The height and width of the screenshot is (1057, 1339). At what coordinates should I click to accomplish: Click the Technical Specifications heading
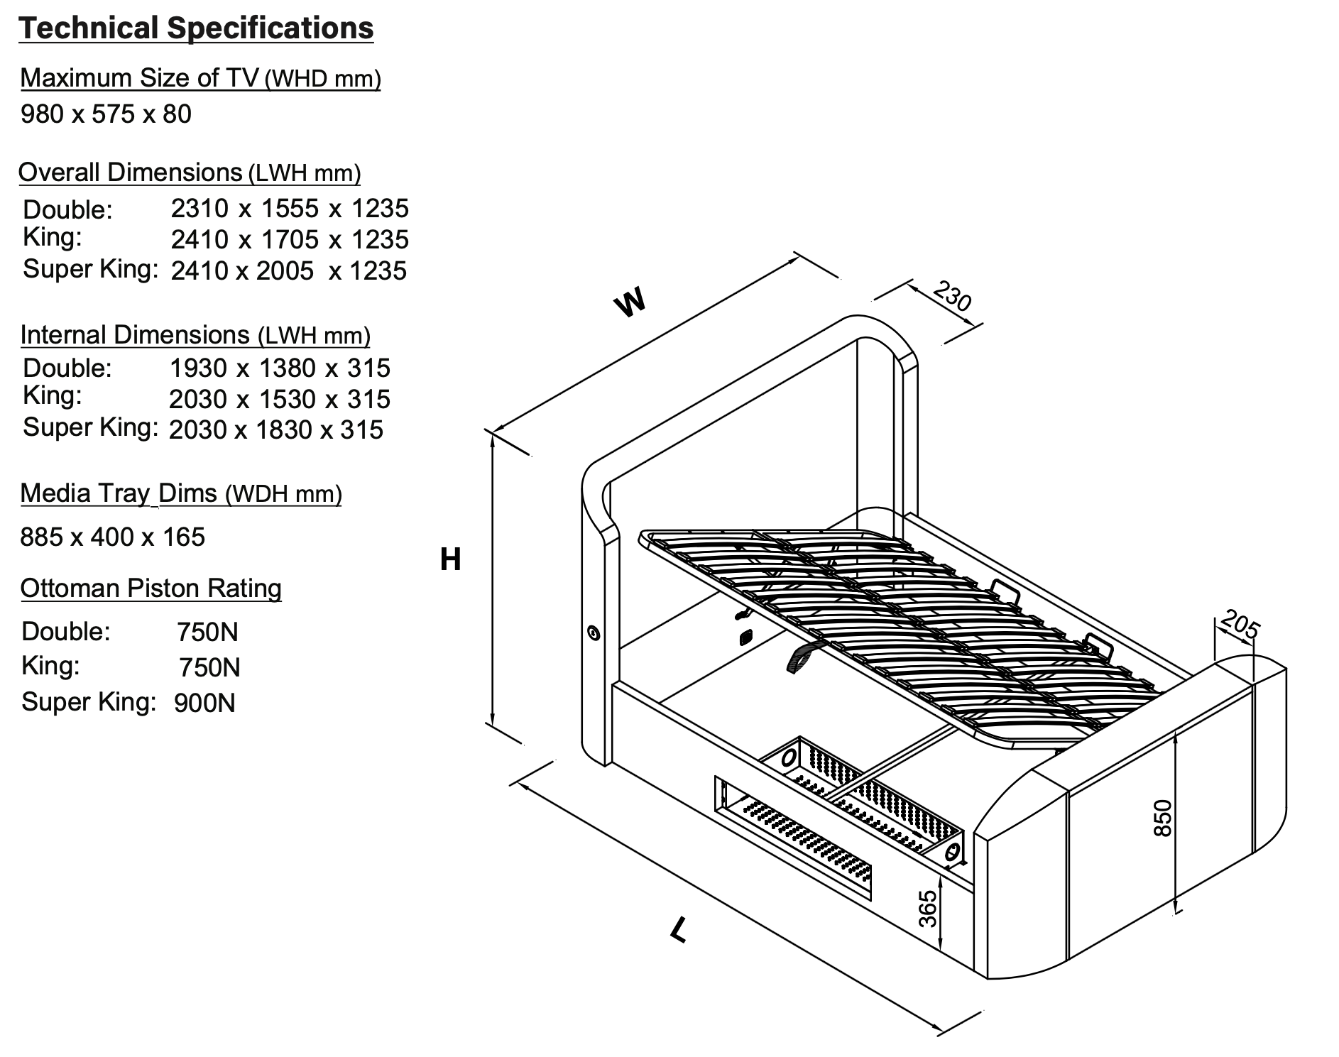[196, 28]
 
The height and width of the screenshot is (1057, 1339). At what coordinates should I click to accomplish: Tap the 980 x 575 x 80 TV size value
[106, 114]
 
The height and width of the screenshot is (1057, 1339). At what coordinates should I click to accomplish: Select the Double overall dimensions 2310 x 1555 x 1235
[290, 208]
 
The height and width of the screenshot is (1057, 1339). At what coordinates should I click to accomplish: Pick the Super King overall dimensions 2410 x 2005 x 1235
[288, 270]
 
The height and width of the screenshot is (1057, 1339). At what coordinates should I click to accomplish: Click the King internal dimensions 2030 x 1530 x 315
[279, 399]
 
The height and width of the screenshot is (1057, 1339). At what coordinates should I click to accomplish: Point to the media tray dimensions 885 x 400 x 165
[112, 537]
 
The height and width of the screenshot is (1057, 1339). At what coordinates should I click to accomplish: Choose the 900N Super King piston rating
[204, 703]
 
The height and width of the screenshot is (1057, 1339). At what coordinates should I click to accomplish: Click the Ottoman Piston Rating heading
[151, 588]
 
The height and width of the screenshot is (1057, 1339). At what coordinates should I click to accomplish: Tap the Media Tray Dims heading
[180, 493]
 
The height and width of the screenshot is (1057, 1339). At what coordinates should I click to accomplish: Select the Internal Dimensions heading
[195, 335]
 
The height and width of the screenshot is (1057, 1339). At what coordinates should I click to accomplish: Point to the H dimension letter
[450, 559]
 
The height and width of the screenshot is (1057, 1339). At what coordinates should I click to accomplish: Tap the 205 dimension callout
[1240, 625]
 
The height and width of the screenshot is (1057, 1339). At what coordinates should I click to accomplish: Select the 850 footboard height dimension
[1163, 818]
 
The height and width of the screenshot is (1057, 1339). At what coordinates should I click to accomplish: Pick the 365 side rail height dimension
[927, 909]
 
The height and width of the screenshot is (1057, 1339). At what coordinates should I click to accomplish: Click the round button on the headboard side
[594, 632]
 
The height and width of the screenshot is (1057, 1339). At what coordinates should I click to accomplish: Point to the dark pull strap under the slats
[801, 656]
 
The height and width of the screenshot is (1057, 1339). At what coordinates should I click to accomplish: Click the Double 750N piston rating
[207, 632]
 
